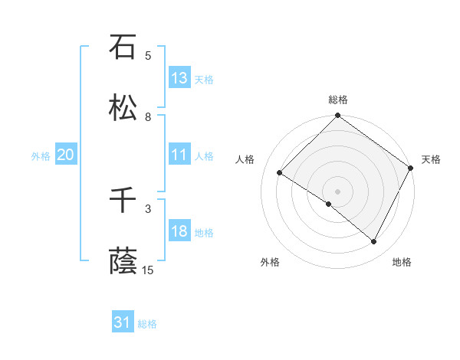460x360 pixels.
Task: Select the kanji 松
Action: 123,108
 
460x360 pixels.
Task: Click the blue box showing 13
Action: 179,78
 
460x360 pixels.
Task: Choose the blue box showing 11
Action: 179,155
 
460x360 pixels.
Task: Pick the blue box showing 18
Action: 179,232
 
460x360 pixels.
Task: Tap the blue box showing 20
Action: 65,155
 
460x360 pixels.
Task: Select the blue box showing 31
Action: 123,323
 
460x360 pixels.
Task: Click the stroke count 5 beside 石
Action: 148,55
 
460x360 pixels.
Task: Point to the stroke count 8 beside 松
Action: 148,117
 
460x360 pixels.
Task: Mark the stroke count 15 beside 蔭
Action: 148,270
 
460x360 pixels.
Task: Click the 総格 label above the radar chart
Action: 338,100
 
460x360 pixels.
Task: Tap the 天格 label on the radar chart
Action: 431,159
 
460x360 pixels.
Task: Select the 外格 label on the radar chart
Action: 270,262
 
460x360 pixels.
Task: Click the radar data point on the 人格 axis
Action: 280,173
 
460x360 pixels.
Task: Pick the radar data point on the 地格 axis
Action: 374,242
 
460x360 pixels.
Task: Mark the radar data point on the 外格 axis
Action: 329,204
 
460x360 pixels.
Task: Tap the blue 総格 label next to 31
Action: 147,324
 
